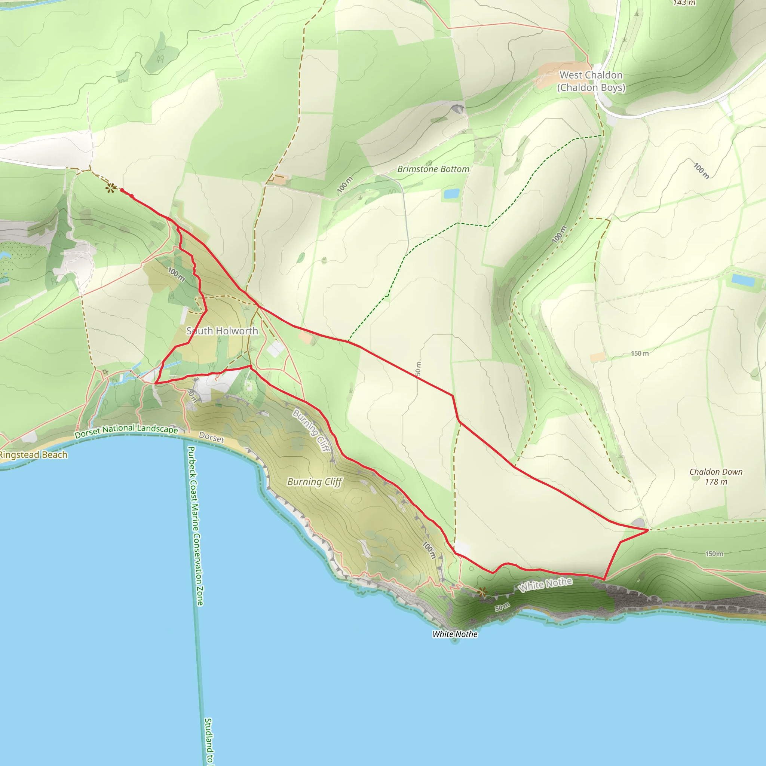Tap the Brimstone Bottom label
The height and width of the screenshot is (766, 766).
click(x=433, y=169)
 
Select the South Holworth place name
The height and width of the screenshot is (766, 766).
click(x=222, y=331)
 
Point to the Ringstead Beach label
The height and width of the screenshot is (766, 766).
click(x=33, y=455)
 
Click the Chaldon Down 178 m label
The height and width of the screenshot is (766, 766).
click(x=716, y=477)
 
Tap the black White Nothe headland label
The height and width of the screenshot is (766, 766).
click(x=455, y=634)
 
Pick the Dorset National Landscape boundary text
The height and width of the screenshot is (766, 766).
click(x=126, y=431)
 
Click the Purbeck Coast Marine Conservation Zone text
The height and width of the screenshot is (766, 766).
click(x=195, y=526)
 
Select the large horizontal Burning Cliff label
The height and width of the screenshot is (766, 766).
click(x=315, y=482)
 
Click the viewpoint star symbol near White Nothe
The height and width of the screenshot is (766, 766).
click(x=482, y=592)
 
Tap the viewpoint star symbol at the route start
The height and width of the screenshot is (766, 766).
click(x=111, y=188)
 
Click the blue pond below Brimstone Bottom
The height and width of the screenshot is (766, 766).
click(x=451, y=193)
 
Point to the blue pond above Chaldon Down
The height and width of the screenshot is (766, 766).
click(x=742, y=280)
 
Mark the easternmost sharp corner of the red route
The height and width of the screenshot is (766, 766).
click(x=648, y=530)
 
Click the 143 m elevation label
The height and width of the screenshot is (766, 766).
click(x=684, y=3)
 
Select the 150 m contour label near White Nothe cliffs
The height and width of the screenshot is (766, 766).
click(x=714, y=554)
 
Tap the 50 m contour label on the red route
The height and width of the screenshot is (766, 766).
click(x=418, y=369)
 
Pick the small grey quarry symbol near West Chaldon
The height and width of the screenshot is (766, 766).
click(x=457, y=108)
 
